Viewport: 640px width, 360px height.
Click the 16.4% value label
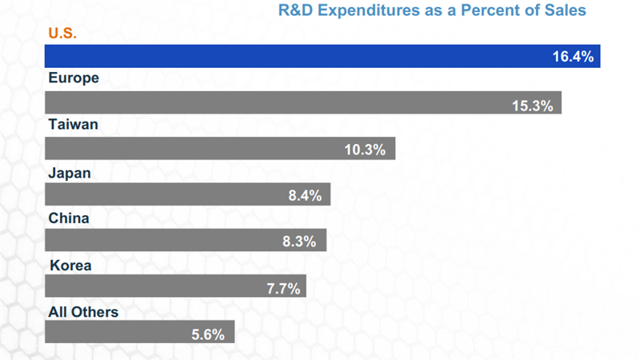coord(572,57)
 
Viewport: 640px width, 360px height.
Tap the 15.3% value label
coord(533,104)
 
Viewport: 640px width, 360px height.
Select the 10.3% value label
coord(366,150)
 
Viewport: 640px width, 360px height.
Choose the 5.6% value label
coord(210,333)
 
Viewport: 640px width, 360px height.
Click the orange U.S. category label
coord(62,34)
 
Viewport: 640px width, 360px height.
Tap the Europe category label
coord(73,78)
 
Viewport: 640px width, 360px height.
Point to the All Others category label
coord(83,311)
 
